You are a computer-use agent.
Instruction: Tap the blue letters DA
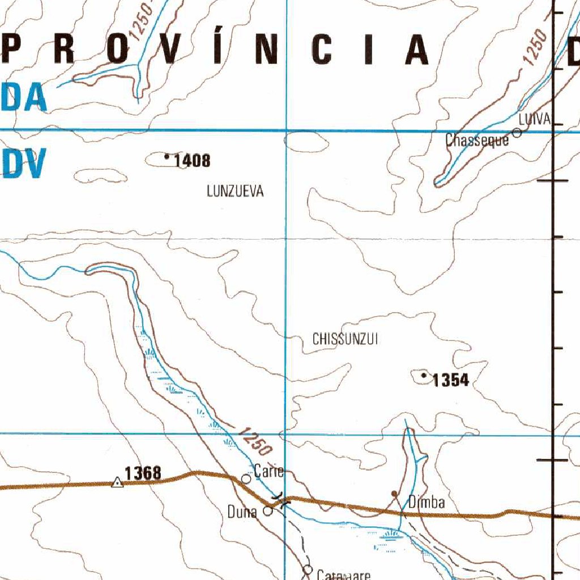(x=24, y=97)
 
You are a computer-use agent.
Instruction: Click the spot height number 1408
(x=192, y=161)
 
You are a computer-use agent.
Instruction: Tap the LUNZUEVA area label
(x=235, y=191)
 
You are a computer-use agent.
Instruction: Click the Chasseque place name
(x=477, y=140)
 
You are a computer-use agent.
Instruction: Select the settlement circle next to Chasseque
(x=517, y=133)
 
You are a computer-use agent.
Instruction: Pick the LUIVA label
(x=534, y=119)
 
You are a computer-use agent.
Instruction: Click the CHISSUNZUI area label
(x=345, y=339)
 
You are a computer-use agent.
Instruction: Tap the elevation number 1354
(x=450, y=381)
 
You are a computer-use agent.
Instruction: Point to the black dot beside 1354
(x=424, y=375)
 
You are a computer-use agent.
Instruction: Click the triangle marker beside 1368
(x=117, y=483)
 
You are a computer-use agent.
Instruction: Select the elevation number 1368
(x=143, y=473)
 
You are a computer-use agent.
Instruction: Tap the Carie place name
(x=267, y=470)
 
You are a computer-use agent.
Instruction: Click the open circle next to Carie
(x=246, y=479)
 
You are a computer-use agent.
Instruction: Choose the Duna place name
(x=242, y=512)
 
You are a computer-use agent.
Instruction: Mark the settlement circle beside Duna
(x=268, y=510)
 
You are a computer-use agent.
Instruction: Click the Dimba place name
(x=426, y=502)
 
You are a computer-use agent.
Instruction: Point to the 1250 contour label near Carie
(x=254, y=441)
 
